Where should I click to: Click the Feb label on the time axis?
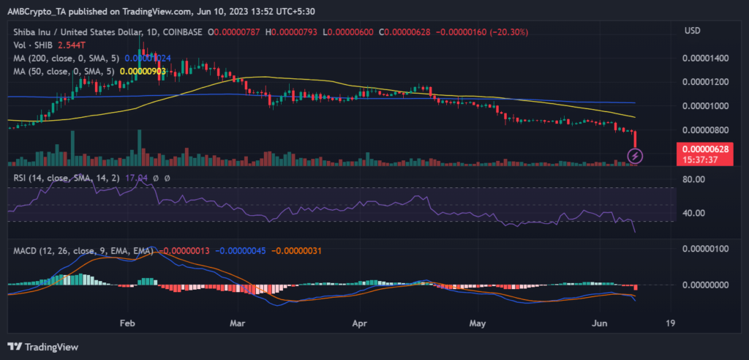coord(127,322)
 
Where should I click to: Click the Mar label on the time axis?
coord(236,322)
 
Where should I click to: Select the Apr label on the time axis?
coord(359,322)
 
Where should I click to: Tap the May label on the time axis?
coord(478,322)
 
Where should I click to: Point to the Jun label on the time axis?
coord(601,322)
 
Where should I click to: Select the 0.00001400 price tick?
coord(704,57)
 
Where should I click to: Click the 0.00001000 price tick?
coord(704,105)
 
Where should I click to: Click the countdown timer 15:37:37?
coord(704,159)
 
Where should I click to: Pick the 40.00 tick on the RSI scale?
coord(693,213)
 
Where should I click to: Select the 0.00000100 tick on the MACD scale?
coord(704,250)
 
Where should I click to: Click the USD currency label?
coord(693,30)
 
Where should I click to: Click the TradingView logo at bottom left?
coord(43,346)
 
